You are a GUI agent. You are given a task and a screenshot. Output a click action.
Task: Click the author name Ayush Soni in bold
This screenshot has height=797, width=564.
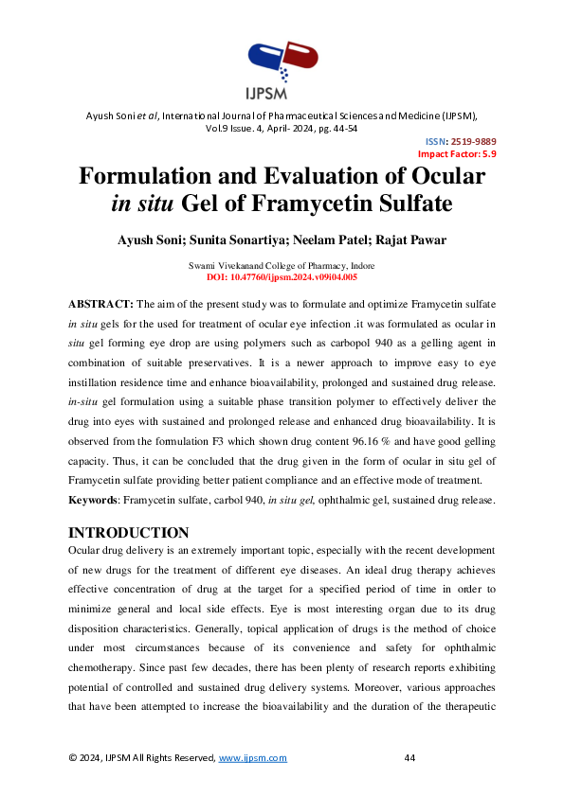pos(144,238)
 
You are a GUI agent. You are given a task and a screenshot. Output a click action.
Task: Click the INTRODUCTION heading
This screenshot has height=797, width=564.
pos(129,532)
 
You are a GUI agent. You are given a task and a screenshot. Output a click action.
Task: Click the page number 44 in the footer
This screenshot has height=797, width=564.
pos(409,758)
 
